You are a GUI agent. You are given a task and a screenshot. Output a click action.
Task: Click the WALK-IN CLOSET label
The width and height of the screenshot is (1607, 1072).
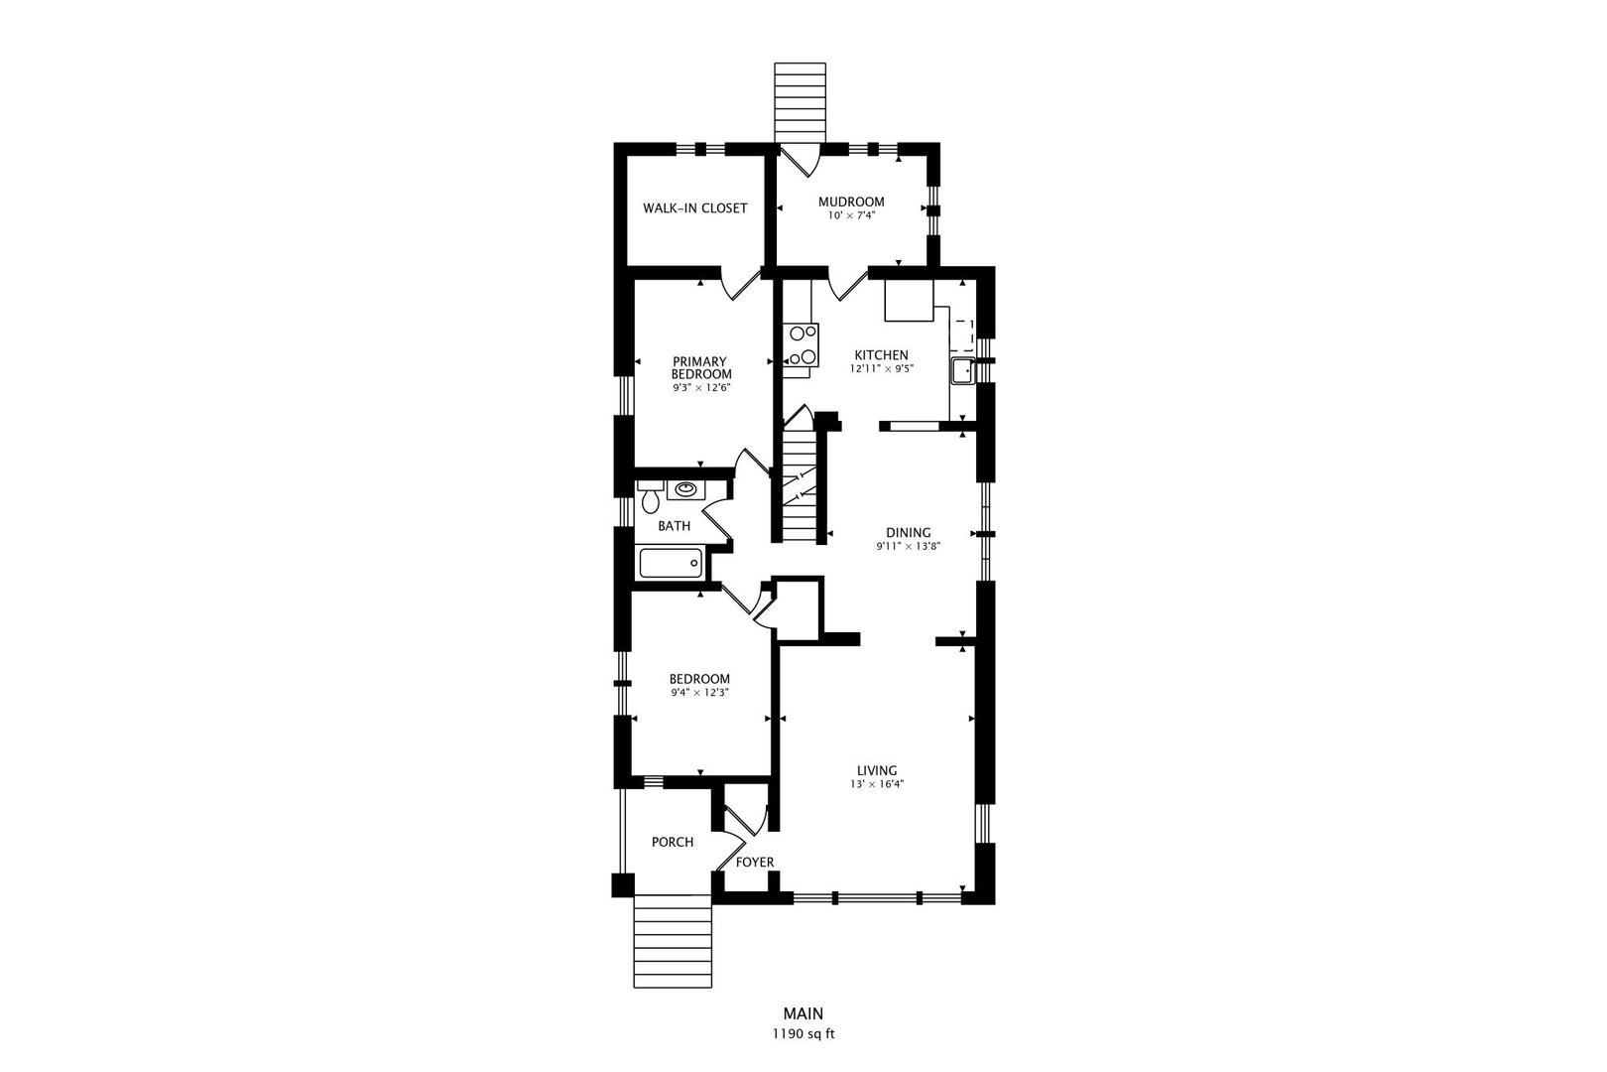(694, 208)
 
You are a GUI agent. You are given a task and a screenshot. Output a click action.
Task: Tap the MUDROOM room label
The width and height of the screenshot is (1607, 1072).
(851, 201)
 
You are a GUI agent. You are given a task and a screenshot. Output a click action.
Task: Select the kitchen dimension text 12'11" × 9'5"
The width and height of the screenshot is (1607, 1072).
(881, 368)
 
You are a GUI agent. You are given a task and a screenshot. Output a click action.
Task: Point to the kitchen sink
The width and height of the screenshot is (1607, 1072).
(961, 372)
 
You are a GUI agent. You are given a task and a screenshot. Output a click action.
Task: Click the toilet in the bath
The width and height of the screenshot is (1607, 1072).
(650, 496)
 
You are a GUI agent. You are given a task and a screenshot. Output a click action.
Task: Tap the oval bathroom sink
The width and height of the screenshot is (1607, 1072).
(685, 489)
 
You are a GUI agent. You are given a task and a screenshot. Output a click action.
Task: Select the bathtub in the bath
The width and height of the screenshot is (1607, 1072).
(671, 563)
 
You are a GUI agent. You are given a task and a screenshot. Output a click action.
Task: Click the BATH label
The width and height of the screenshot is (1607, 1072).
(674, 526)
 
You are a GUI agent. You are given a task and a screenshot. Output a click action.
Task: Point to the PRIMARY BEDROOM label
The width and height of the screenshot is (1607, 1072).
(701, 367)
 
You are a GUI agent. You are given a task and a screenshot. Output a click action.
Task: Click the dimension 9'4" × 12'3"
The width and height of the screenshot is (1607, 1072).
(699, 692)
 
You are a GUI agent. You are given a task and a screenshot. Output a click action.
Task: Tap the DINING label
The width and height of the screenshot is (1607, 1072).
(909, 533)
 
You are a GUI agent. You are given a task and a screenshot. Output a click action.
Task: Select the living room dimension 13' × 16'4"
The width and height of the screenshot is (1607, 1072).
(877, 784)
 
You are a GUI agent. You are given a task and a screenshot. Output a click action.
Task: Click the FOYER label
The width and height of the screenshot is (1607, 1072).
(755, 863)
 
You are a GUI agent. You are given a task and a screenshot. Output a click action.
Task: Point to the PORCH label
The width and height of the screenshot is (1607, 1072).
(673, 843)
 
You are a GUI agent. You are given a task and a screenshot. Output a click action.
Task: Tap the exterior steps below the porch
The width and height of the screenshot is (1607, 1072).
(673, 941)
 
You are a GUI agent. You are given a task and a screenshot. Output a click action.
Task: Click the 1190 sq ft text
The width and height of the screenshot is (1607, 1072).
(803, 1034)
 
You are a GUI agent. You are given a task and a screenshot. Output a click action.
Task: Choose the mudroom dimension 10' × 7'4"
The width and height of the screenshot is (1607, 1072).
(851, 214)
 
